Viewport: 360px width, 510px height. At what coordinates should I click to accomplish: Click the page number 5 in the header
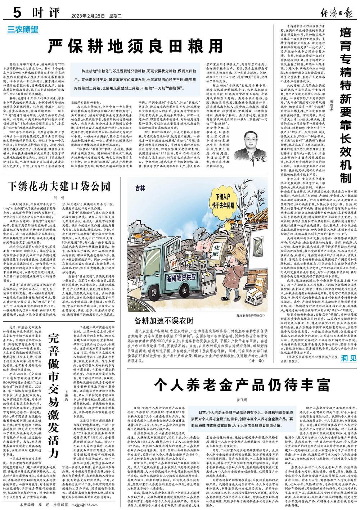point(16,14)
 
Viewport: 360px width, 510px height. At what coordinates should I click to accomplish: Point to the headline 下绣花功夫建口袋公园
point(59,186)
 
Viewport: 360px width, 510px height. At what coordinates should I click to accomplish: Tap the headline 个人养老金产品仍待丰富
point(242,385)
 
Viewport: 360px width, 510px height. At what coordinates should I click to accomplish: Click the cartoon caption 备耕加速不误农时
point(164,320)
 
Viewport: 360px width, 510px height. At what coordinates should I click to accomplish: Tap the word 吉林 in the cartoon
point(141,188)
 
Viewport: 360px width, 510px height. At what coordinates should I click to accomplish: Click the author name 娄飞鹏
point(242,400)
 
